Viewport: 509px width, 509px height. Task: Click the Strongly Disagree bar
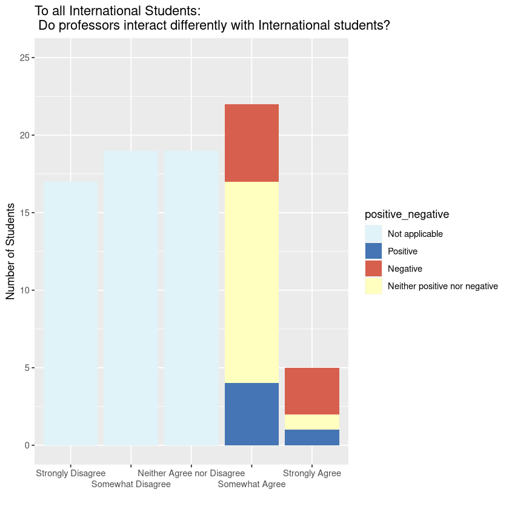(71, 313)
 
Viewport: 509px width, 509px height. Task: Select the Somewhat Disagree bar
(131, 298)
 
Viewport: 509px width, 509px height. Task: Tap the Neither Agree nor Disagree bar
(191, 298)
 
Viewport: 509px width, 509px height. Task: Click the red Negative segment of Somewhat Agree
(251, 143)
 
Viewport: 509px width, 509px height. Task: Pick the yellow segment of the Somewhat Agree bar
(251, 282)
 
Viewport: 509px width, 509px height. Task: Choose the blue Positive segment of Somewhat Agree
(251, 414)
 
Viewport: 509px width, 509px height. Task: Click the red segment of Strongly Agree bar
(312, 391)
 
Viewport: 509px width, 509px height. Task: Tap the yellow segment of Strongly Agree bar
(312, 422)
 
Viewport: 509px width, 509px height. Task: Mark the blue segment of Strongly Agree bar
(312, 437)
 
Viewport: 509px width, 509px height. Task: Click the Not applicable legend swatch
(373, 234)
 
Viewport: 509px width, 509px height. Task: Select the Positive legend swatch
(373, 251)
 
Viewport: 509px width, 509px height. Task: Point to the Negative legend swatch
(373, 268)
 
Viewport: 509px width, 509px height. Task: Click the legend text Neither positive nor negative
(442, 286)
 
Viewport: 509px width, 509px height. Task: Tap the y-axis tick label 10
(24, 290)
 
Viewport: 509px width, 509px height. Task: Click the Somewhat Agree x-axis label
(251, 484)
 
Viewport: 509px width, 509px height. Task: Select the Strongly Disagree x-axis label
(71, 473)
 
